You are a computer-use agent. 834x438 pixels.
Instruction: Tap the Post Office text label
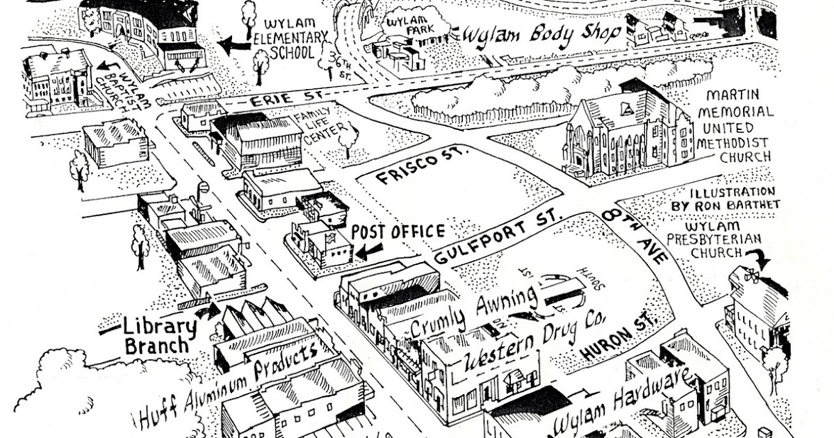(x=397, y=232)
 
